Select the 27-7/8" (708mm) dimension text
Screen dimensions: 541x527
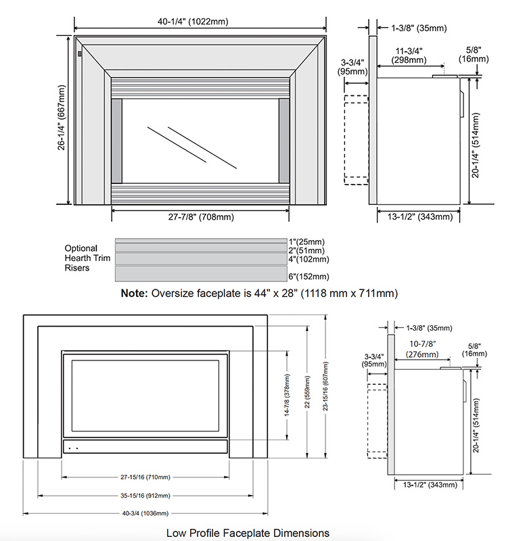click(200, 217)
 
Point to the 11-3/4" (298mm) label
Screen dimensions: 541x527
click(409, 55)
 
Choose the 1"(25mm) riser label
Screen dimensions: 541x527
click(306, 241)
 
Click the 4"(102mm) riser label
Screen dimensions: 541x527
click(308, 259)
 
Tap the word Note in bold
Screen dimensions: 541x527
click(133, 293)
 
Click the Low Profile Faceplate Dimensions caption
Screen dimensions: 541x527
click(248, 532)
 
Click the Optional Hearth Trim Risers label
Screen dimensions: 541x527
click(81, 258)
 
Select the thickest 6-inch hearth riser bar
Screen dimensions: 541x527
click(201, 274)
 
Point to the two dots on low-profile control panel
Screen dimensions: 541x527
click(74, 446)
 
